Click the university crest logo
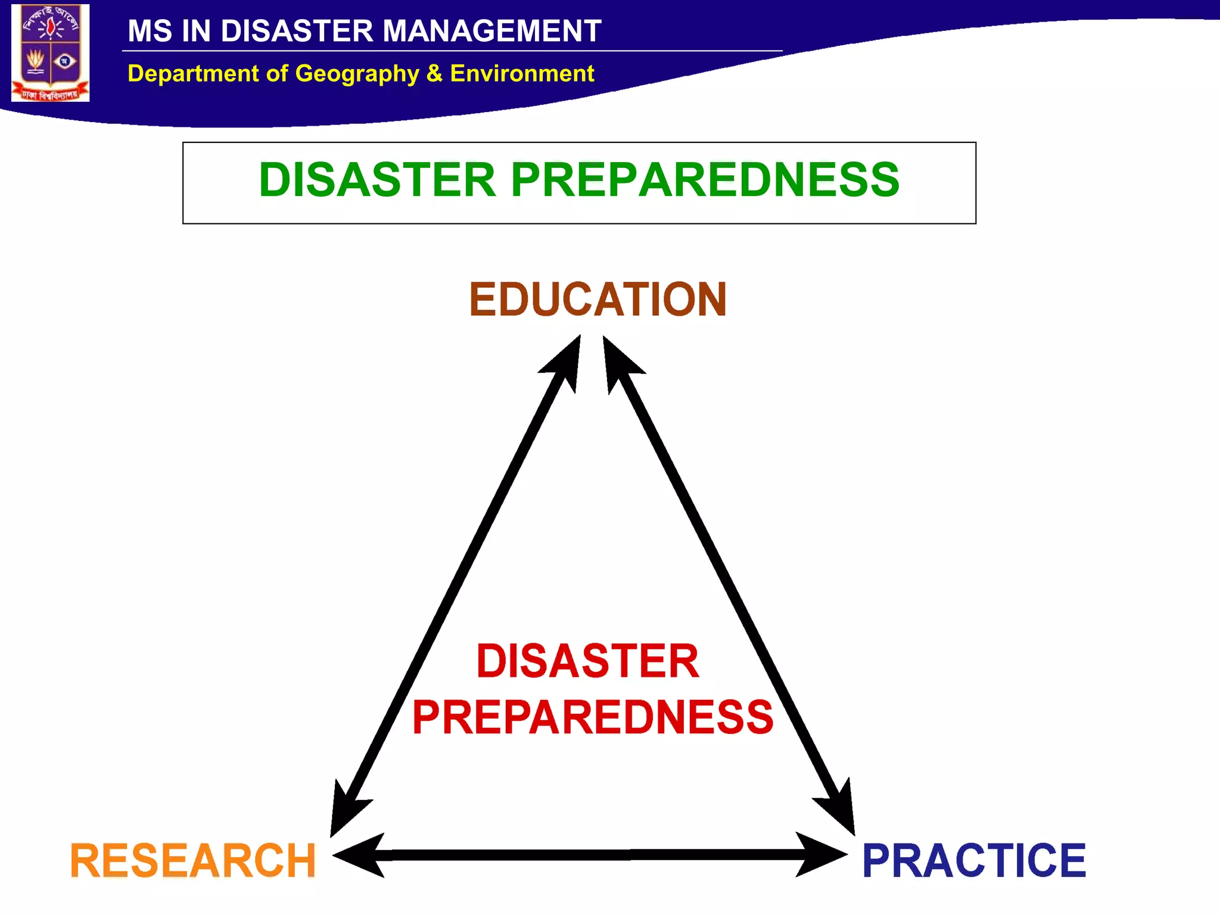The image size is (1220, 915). (51, 52)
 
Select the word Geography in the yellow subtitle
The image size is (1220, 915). (357, 74)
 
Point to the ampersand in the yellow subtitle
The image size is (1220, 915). (434, 73)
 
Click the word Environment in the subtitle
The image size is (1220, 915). (522, 73)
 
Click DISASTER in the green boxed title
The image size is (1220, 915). (377, 180)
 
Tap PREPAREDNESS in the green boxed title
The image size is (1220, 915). (705, 180)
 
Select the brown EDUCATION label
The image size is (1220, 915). (597, 299)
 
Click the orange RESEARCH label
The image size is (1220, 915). (193, 861)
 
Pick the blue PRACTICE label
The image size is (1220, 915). (974, 861)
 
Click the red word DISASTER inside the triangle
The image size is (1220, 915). (587, 661)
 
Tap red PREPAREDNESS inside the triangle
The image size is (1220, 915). (593, 717)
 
